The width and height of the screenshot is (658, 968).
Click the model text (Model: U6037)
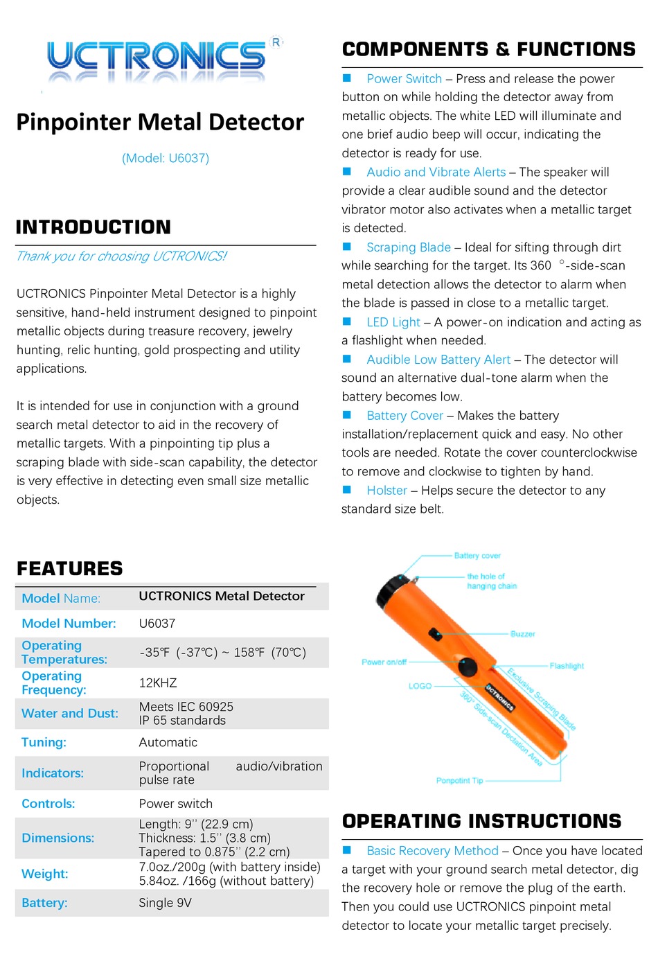point(166,158)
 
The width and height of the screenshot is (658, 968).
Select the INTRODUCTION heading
point(93,227)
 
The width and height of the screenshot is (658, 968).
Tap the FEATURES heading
point(69,569)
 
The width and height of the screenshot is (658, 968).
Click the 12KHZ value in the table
point(158,683)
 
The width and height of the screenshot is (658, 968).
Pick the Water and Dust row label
point(70,713)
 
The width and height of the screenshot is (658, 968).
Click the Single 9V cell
point(165,903)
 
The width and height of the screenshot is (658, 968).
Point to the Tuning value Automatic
point(168,742)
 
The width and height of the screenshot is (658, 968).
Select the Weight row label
point(45,874)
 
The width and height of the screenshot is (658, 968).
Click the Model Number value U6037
point(157,624)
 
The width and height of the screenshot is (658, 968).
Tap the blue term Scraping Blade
point(409,247)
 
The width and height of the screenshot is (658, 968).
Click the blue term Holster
point(386,491)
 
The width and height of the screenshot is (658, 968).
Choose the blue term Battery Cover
point(404,416)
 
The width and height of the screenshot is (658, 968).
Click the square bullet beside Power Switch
point(348,78)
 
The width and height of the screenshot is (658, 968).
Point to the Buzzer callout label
point(522,634)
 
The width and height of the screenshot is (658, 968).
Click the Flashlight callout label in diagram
point(566,666)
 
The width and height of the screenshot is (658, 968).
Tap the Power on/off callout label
point(384,662)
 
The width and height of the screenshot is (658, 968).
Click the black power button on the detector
point(468,667)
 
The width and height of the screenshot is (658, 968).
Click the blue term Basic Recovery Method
point(432,850)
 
